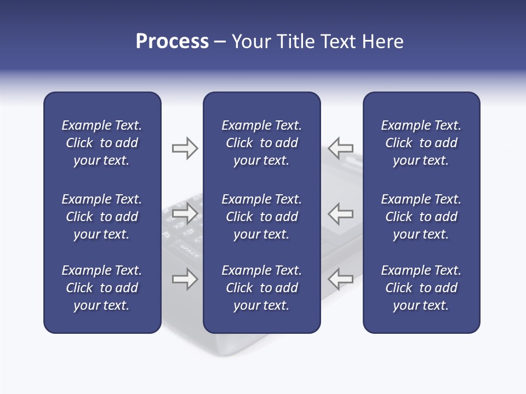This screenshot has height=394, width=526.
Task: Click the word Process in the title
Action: click(x=172, y=42)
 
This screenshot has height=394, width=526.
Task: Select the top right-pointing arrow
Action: click(x=185, y=148)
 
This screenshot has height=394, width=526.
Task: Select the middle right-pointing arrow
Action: click(x=185, y=213)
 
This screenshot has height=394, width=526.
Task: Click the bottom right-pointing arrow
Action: click(x=185, y=279)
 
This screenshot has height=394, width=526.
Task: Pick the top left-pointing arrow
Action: click(x=340, y=148)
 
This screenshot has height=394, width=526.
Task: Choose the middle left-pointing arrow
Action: click(x=340, y=213)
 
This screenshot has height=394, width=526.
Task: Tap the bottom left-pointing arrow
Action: click(x=340, y=279)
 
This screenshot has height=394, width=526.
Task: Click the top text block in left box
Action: click(x=102, y=143)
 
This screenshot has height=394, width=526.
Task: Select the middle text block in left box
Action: click(x=102, y=217)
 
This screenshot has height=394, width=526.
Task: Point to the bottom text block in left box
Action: click(x=102, y=288)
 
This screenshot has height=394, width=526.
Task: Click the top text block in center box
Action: click(x=261, y=143)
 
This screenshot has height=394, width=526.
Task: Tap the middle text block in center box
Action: click(x=261, y=217)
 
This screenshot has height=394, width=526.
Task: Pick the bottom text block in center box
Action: click(x=261, y=288)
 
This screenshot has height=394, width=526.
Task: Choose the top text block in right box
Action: click(x=421, y=143)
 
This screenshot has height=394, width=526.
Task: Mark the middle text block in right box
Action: click(x=421, y=217)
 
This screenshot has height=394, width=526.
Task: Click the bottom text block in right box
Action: click(x=421, y=288)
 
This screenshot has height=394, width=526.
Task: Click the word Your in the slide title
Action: click(x=251, y=42)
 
